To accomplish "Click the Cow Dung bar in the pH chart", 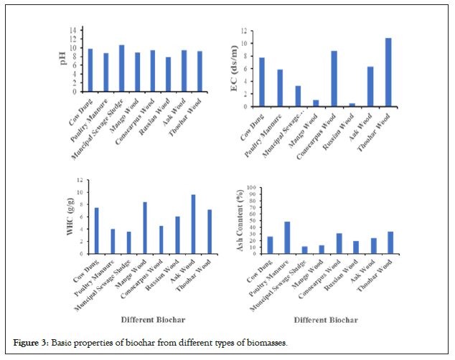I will coord(90,70).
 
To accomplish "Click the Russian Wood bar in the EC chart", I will coord(352,105).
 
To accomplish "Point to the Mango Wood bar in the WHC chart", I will coord(146,227).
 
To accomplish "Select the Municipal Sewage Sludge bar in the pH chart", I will coord(121,68).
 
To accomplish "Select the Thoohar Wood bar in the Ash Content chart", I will coord(390,242).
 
